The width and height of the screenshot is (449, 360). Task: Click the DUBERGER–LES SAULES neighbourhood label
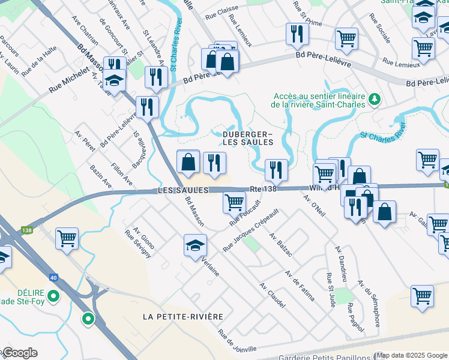tap(248, 138)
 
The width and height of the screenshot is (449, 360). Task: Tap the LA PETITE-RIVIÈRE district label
tap(184, 316)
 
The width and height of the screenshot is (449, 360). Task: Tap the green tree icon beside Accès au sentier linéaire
tap(375, 98)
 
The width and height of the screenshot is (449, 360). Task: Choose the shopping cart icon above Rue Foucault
tap(234, 202)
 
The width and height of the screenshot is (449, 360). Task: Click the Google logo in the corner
tap(19, 353)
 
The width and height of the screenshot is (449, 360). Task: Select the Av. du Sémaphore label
tap(369, 304)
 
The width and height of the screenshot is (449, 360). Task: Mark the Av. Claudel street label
tap(272, 295)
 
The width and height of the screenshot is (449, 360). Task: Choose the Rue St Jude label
tap(330, 290)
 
